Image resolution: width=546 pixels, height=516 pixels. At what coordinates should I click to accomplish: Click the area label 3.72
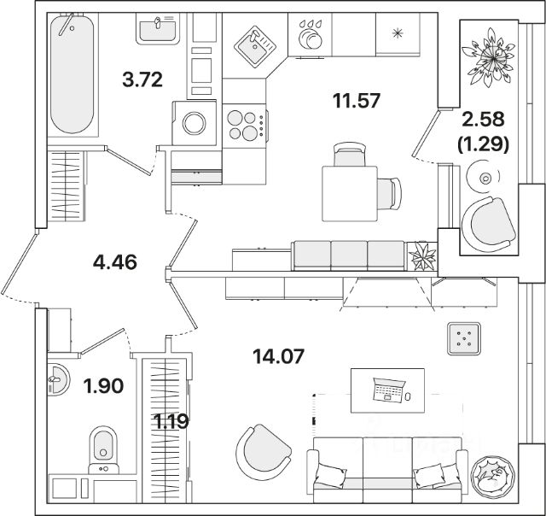[x=142, y=81]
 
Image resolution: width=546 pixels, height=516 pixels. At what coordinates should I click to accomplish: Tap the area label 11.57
[x=356, y=101]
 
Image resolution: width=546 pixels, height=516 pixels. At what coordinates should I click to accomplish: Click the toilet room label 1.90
[x=103, y=386]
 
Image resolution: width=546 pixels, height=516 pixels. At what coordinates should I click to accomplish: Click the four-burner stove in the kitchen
[x=244, y=126]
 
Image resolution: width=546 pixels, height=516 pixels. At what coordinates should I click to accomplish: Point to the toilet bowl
[x=103, y=446]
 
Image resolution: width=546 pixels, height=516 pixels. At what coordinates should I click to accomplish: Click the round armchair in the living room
[x=260, y=450]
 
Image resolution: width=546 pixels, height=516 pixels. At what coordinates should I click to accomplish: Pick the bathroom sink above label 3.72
[x=157, y=32]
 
